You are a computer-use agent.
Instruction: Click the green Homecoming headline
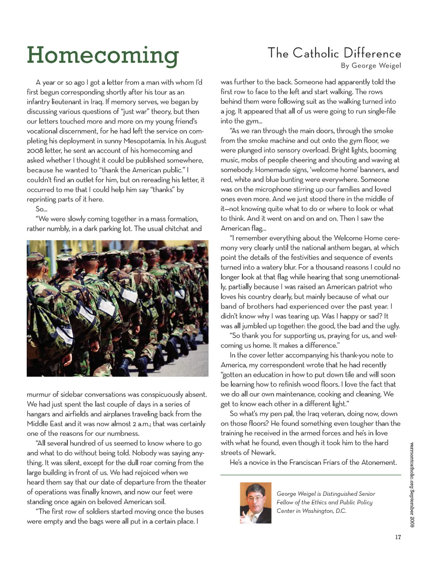click(103, 55)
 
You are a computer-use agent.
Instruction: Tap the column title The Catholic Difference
click(334, 53)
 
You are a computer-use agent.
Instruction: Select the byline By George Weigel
click(371, 66)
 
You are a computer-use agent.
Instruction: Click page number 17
click(398, 537)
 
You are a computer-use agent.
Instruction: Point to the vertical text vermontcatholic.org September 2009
click(412, 484)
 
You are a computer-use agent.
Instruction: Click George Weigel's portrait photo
click(255, 503)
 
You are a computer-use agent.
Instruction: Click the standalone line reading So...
click(41, 209)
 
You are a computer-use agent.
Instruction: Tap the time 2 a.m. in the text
click(141, 424)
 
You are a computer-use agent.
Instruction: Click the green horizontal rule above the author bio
click(311, 475)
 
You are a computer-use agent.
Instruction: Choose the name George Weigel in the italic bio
click(296, 494)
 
